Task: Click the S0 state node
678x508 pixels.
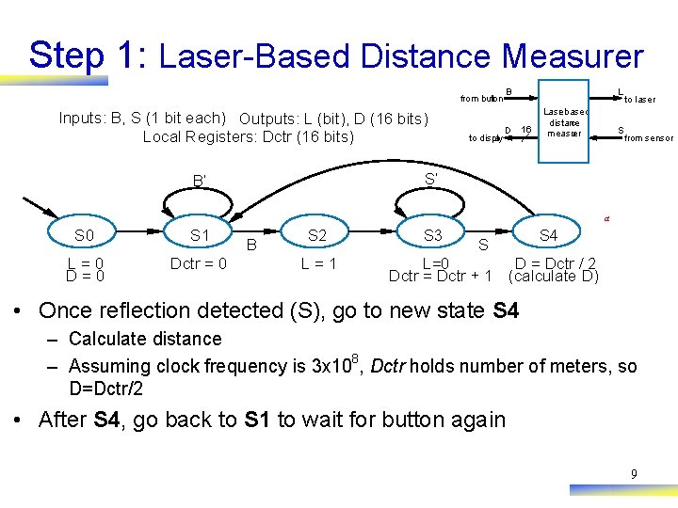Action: (x=85, y=234)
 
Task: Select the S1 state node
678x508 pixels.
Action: (x=200, y=234)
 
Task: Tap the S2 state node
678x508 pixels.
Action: (x=317, y=234)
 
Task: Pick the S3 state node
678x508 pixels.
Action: (x=433, y=234)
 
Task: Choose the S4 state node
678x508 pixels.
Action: (x=548, y=234)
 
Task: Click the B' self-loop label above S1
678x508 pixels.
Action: (x=200, y=180)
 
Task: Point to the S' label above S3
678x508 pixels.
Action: (x=431, y=178)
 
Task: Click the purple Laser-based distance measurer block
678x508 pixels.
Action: (x=564, y=123)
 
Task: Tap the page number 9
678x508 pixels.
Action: (x=634, y=474)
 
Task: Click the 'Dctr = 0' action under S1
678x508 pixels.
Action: (x=198, y=263)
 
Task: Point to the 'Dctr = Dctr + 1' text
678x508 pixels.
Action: (x=441, y=276)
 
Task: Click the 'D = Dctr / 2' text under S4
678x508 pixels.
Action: (x=555, y=262)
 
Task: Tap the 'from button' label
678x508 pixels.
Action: (x=480, y=99)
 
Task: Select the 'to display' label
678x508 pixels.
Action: (x=485, y=138)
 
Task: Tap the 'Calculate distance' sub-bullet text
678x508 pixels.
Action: (x=145, y=339)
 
